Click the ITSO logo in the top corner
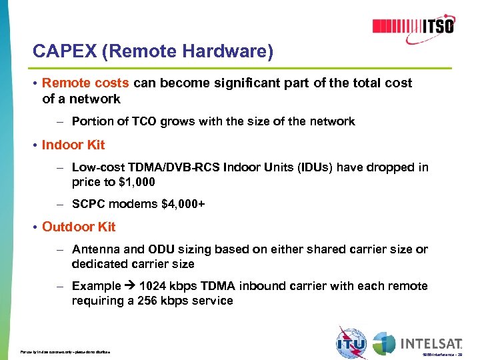click(413, 26)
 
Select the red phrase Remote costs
click(86, 83)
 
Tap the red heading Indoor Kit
click(73, 145)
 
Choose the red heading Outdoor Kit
click(79, 227)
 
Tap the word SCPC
click(89, 204)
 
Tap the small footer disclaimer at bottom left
click(65, 351)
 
